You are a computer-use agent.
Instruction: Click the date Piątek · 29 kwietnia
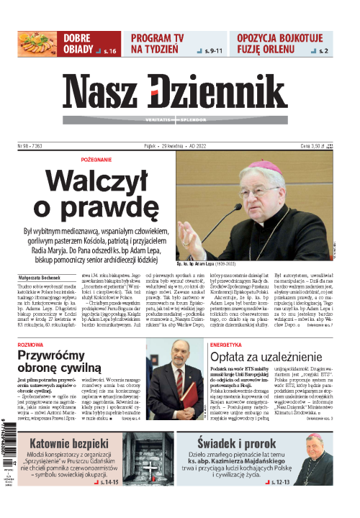tap(157, 145)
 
